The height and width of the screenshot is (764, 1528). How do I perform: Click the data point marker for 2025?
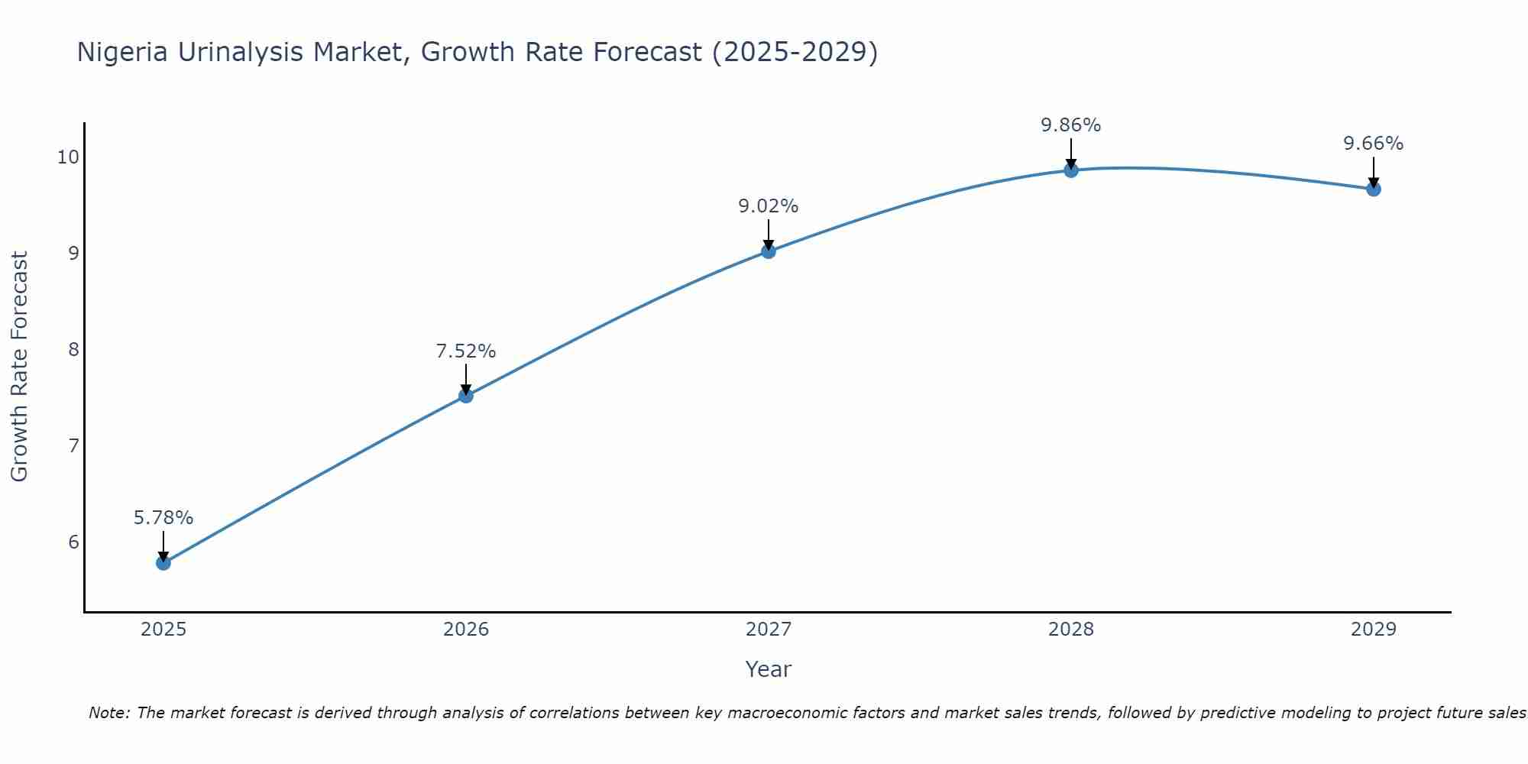coord(163,563)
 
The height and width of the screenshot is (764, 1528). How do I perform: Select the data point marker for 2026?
coord(466,396)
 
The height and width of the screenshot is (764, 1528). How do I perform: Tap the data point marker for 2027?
coord(769,251)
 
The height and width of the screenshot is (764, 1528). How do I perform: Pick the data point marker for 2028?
coord(1071,170)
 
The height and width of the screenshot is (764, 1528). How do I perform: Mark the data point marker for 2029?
coord(1374,189)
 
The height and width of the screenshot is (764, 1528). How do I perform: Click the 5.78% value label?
coord(163,518)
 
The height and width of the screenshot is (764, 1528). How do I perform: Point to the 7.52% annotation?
coord(466,351)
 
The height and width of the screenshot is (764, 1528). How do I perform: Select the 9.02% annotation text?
coord(769,206)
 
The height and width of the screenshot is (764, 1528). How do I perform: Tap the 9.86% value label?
coord(1071,125)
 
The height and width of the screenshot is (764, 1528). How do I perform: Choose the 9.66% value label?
coord(1374,144)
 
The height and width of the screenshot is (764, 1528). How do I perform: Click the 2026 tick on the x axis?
coord(466,630)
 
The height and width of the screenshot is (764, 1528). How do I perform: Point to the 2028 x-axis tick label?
coord(1071,630)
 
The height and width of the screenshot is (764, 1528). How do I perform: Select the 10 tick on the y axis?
coord(68,157)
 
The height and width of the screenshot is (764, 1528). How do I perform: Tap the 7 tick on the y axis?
coord(73,445)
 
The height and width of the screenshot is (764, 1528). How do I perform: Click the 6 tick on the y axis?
coord(73,542)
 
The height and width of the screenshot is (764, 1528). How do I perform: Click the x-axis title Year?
coord(769,669)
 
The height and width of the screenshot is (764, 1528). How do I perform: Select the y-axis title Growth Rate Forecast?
coord(20,367)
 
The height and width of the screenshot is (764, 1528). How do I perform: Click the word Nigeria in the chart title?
coord(123,52)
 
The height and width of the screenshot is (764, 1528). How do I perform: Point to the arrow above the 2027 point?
coord(769,234)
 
